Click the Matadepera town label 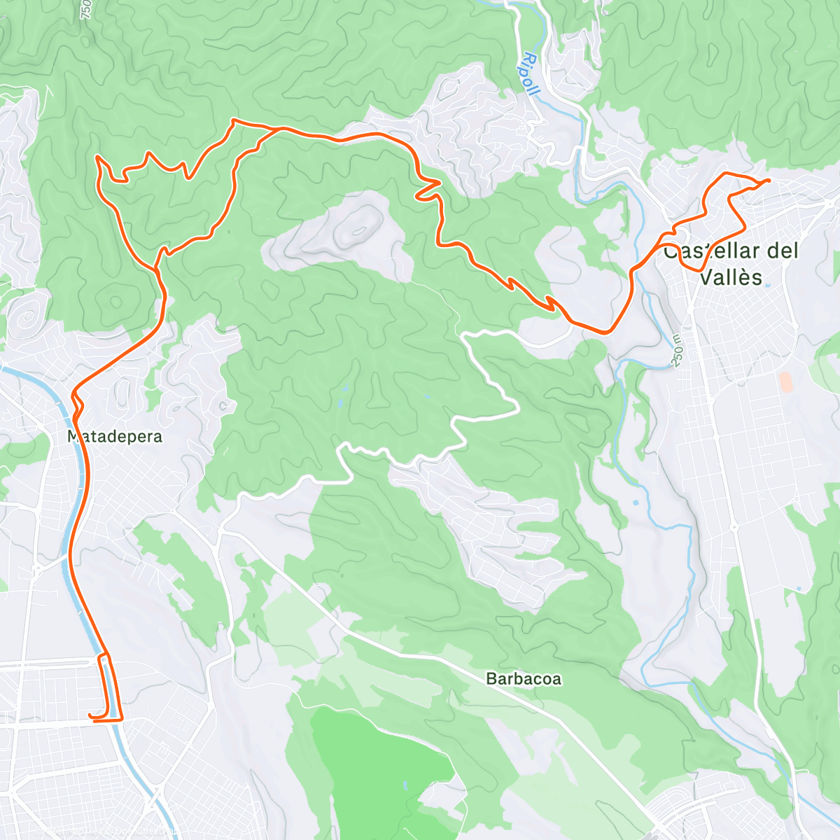point(115,437)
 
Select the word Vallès point(731,277)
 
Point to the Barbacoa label point(524,679)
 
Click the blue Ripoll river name point(531,75)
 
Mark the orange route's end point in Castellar point(769,181)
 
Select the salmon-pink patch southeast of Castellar point(785,381)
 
